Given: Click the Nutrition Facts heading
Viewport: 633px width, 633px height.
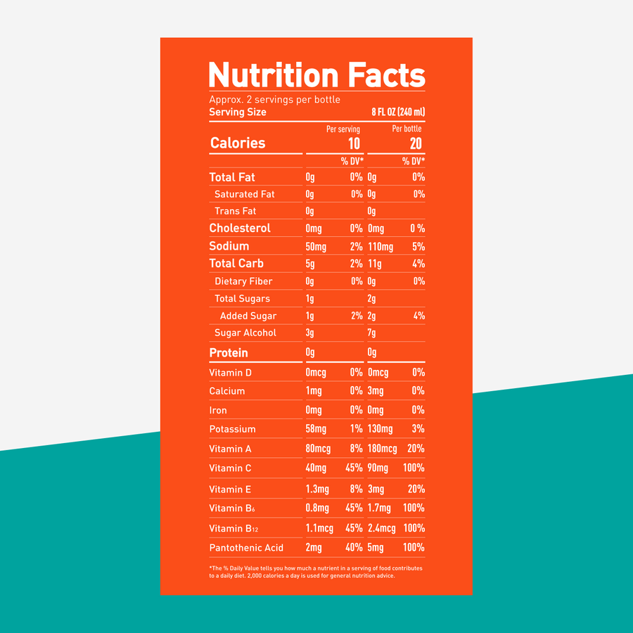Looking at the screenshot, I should [316, 75].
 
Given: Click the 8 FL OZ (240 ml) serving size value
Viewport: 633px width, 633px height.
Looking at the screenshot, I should [398, 113].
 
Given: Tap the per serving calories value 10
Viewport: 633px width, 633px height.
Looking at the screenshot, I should [354, 143].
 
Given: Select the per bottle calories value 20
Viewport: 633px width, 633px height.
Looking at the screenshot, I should [416, 143].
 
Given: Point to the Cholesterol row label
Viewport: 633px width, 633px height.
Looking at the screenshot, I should [240, 229].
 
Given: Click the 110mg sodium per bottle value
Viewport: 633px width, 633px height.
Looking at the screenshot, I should [381, 246].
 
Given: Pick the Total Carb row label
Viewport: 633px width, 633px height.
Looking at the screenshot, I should [236, 264].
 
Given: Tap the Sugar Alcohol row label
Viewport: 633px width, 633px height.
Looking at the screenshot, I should [245, 333].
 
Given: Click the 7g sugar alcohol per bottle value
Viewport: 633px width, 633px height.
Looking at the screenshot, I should [372, 333].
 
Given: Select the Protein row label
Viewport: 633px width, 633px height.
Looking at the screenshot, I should [229, 352].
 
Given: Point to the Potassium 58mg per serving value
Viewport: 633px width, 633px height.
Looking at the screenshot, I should [316, 429].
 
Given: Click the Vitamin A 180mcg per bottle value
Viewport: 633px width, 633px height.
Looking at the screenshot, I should [383, 449].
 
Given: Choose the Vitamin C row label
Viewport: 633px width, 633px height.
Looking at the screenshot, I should [230, 468].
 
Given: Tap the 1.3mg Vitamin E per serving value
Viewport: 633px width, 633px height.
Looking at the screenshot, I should [317, 490].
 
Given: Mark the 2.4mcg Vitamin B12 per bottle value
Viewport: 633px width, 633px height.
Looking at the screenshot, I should [382, 528].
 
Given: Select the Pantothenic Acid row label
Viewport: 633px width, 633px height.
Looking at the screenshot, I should [246, 548].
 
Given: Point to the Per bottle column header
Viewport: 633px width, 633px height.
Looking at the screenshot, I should [407, 129].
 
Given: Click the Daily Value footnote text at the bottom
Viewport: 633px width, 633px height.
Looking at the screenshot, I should [316, 572].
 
